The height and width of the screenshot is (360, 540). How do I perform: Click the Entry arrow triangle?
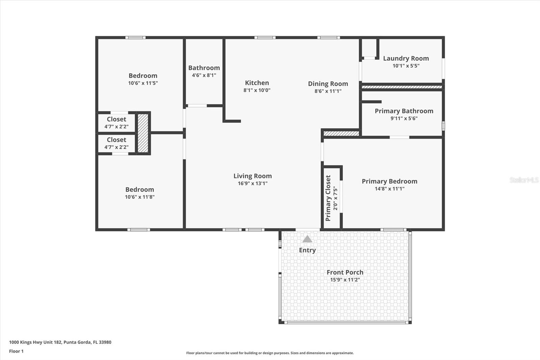tap(307, 239)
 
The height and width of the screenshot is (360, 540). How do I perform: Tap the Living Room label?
tap(252, 176)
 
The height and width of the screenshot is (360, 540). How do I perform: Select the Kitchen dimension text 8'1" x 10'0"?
tap(257, 90)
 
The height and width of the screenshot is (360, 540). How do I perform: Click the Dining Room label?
tap(328, 84)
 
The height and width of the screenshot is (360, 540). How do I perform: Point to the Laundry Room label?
tap(406, 58)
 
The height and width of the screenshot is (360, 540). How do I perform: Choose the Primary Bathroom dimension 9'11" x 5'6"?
tap(404, 119)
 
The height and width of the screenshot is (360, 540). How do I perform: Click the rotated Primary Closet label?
tap(328, 198)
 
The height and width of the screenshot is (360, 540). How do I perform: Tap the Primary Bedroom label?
tap(389, 181)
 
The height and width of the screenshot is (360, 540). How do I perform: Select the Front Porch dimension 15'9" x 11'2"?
tap(345, 280)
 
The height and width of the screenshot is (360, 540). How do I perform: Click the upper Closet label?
tap(116, 119)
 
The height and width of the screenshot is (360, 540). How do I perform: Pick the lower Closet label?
tap(116, 140)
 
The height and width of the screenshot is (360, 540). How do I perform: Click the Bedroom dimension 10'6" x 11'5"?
tap(143, 83)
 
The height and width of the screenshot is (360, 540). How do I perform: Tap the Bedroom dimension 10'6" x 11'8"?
tap(139, 197)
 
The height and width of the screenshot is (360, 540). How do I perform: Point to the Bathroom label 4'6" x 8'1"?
tap(204, 68)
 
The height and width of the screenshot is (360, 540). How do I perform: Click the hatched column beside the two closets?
tap(143, 133)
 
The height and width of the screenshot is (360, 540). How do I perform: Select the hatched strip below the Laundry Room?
tap(402, 87)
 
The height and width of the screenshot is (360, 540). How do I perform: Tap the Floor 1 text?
tap(16, 351)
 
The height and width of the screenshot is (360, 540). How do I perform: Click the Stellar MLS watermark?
tap(524, 180)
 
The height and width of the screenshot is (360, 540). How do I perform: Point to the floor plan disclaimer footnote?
tap(270, 353)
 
